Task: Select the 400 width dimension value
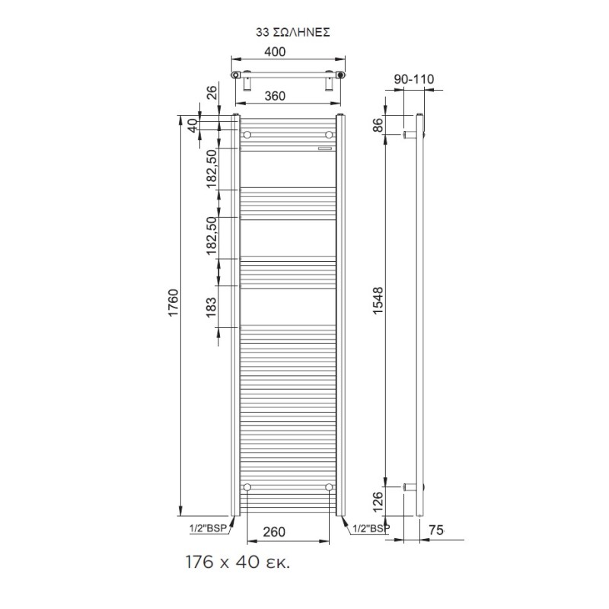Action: point(275,52)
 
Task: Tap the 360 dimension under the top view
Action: point(275,97)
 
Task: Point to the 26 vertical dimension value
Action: point(212,93)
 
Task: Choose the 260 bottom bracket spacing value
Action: point(275,531)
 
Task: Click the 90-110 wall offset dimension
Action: point(413,79)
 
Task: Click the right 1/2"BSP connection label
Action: point(370,527)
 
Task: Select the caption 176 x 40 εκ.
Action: point(238,564)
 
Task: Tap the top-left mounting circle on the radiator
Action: point(247,135)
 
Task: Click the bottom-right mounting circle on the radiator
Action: point(329,486)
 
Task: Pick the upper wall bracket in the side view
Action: point(410,135)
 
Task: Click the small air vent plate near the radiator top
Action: point(326,148)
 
